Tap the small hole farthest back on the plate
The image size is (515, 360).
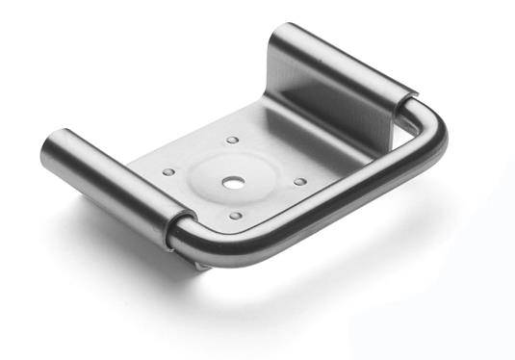point(232,141)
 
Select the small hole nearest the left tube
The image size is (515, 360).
point(169,172)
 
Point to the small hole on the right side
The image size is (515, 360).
point(299,181)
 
